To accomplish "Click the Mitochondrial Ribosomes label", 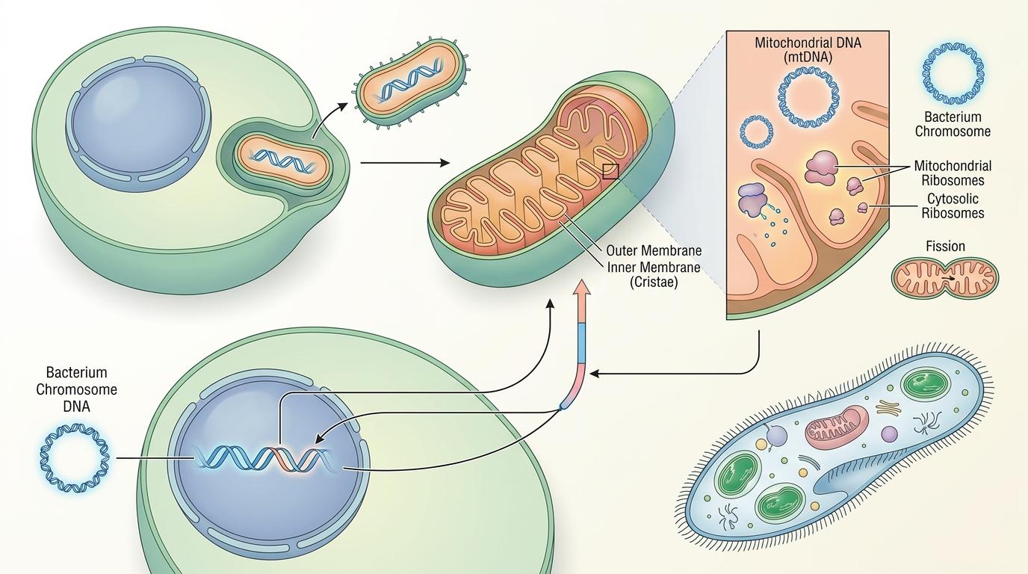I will pyautogui.click(x=953, y=173).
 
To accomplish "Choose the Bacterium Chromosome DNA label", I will pyautogui.click(x=77, y=389).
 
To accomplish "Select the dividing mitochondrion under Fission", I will pyautogui.click(x=945, y=279).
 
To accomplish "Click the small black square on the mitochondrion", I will pyautogui.click(x=610, y=172).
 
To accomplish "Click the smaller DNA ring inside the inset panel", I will pyautogui.click(x=755, y=132).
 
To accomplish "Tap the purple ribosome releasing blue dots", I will pyautogui.click(x=751, y=200).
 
